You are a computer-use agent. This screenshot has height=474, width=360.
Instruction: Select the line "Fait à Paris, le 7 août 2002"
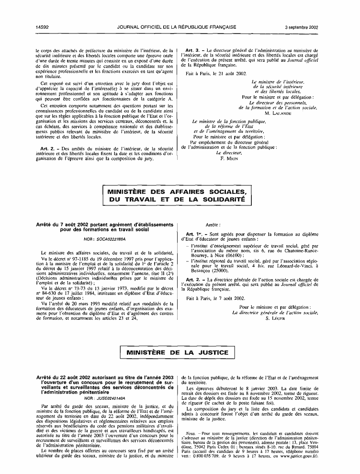(x=214, y=297)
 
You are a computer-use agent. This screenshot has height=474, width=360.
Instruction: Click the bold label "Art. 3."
(x=192, y=49)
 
